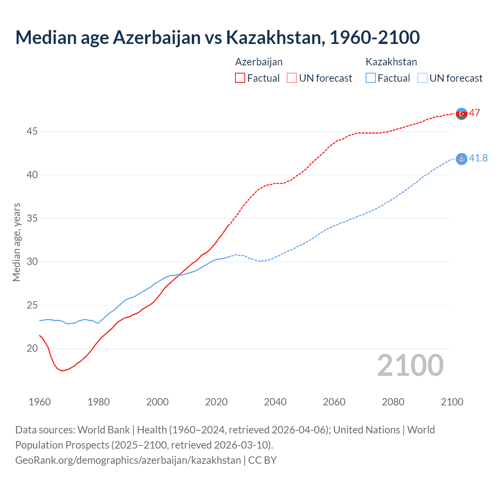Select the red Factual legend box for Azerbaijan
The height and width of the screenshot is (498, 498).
pyautogui.click(x=240, y=78)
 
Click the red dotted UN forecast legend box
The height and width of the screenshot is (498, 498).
pyautogui.click(x=292, y=78)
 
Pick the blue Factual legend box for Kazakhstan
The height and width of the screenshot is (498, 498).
pyautogui.click(x=371, y=78)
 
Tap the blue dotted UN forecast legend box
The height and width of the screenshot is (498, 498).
pyautogui.click(x=423, y=78)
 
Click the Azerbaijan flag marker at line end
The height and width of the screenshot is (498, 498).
pyautogui.click(x=461, y=114)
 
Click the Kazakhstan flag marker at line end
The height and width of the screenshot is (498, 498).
pyautogui.click(x=461, y=159)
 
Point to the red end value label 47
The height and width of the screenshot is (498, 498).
pyautogui.click(x=474, y=113)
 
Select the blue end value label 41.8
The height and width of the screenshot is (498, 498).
pyautogui.click(x=478, y=158)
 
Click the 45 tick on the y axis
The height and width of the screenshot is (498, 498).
pyautogui.click(x=32, y=132)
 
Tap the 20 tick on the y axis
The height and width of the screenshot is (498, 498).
pyautogui.click(x=32, y=348)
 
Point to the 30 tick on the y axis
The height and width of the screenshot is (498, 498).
pyautogui.click(x=32, y=261)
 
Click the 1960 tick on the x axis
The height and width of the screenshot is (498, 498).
pyautogui.click(x=40, y=402)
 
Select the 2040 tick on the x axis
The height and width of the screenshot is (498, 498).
pyautogui.click(x=275, y=402)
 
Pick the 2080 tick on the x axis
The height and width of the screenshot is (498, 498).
pyautogui.click(x=393, y=402)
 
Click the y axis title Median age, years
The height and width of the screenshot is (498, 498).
pyautogui.click(x=16, y=242)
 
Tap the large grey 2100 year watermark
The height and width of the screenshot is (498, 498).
pyautogui.click(x=410, y=365)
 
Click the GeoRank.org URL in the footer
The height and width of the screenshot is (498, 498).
pyautogui.click(x=128, y=460)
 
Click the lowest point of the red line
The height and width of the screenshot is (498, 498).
pyautogui.click(x=63, y=371)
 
